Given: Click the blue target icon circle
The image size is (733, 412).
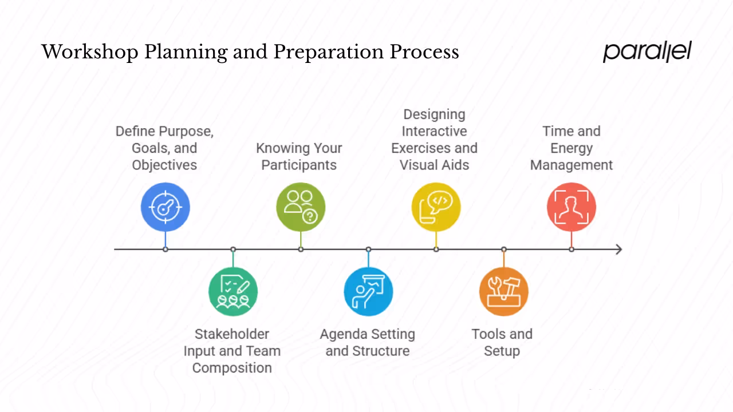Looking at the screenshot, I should (165, 207).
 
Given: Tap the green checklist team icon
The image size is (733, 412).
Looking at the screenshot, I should (233, 291).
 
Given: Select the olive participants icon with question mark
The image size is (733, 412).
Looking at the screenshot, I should (301, 207).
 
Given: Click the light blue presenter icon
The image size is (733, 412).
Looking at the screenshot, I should (368, 291).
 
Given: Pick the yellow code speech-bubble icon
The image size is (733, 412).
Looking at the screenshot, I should (436, 207).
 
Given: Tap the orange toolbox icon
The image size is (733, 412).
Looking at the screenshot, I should (504, 291).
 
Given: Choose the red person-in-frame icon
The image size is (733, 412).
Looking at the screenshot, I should (572, 207).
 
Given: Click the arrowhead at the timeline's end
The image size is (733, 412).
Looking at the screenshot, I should (618, 249).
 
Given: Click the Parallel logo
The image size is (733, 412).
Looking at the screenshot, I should (647, 51).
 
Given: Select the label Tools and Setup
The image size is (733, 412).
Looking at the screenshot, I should (502, 342).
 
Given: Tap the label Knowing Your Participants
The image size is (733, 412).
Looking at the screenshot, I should (299, 156).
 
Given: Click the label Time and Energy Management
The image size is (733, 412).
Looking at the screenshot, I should (572, 148).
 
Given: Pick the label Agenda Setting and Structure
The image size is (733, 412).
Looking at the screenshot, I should (368, 342).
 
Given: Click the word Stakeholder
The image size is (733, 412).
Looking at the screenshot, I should (232, 334).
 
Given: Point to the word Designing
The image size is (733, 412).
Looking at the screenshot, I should (434, 114).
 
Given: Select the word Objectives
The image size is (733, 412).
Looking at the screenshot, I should (164, 165).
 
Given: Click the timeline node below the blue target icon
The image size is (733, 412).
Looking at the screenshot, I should (165, 249).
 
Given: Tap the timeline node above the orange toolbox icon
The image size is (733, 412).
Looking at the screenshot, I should (504, 249).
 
